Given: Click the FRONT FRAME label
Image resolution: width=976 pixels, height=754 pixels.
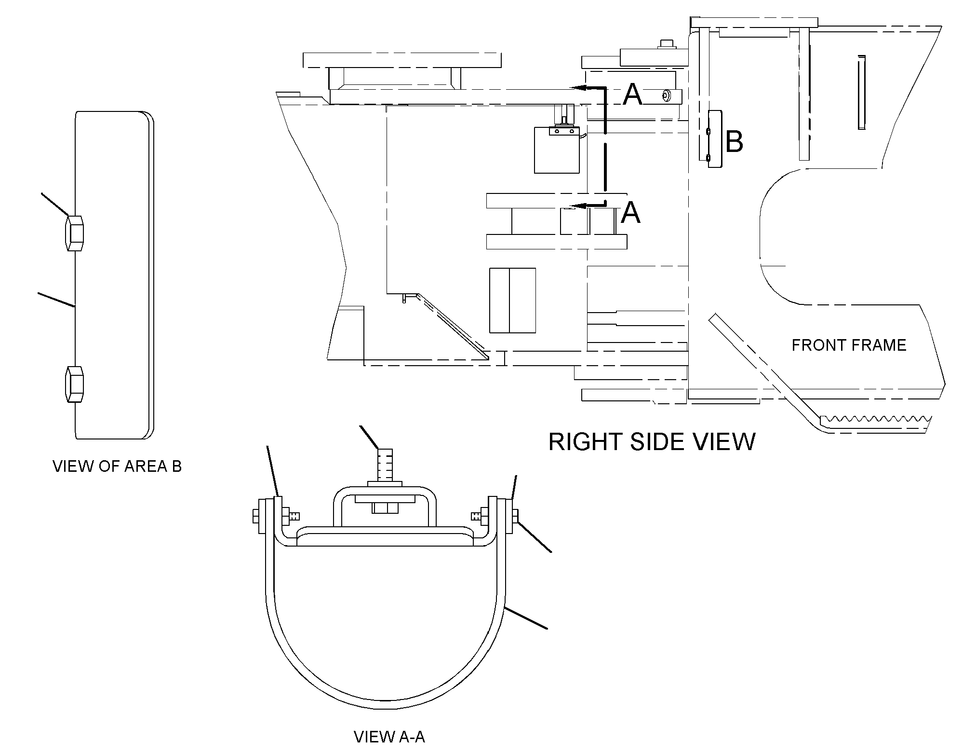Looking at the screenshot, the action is pos(849,345).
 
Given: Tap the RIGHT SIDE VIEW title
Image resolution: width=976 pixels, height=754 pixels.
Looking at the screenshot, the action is pos(652,441).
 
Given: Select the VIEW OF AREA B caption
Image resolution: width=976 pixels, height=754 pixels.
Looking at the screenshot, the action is pos(117,466).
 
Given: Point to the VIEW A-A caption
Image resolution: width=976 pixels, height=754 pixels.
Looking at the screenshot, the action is pos(389,737).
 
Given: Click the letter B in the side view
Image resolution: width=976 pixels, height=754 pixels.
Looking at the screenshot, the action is pos(734,142).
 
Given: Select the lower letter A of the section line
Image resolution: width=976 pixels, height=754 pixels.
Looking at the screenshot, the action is pos(631,213).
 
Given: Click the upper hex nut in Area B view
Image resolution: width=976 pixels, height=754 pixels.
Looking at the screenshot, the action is pos(74,233).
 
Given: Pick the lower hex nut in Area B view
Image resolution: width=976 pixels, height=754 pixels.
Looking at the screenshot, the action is pos(74,384).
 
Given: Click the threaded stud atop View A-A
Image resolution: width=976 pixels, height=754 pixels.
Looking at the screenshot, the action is pos(385,465).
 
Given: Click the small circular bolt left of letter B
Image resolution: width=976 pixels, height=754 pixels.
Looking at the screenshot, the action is pos(666,96).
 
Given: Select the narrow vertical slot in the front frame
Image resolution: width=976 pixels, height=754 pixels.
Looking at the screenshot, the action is pos(862,92).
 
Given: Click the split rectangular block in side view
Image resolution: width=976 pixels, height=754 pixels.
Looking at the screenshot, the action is pos(512,301).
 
